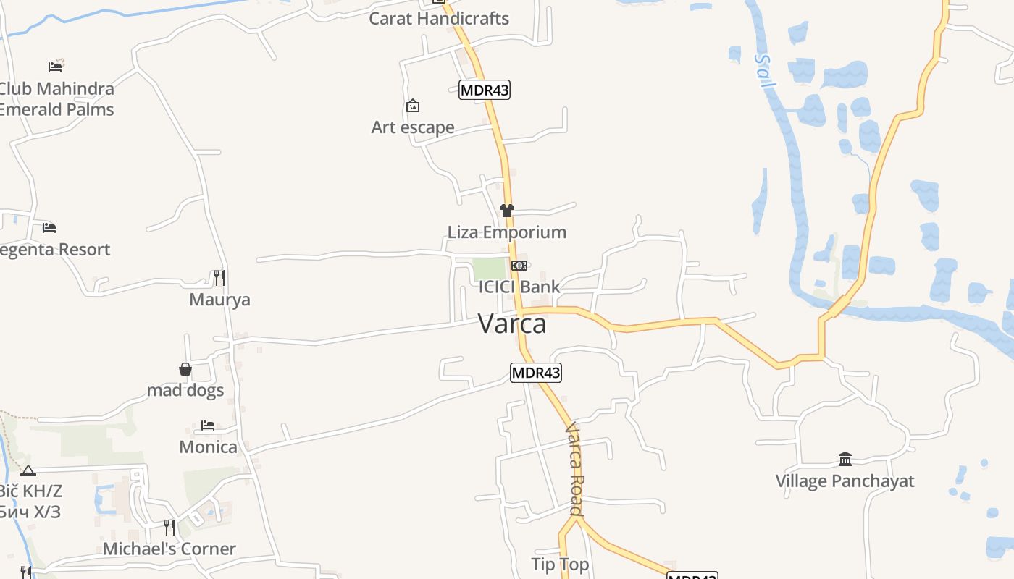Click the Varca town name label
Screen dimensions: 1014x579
point(512,324)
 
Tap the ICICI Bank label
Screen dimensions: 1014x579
point(519,287)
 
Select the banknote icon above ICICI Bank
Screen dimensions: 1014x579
point(519,266)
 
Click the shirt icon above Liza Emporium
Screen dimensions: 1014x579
point(507,211)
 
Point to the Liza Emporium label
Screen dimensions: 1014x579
point(506,232)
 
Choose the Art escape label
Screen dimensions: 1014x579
point(413,127)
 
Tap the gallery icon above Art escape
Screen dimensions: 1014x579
point(413,106)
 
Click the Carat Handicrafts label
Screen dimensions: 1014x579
point(439,19)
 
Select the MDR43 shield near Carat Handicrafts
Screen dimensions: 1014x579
point(485,90)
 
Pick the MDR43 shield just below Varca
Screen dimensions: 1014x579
point(536,373)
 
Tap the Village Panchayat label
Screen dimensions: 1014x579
point(845,481)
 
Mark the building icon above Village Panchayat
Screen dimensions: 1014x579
point(845,459)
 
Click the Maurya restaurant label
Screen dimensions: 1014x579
point(219,300)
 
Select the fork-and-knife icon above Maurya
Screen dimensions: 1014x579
point(219,277)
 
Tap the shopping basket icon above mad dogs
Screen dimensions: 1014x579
point(185,369)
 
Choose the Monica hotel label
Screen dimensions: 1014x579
point(208,447)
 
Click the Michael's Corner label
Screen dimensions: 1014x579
point(169,549)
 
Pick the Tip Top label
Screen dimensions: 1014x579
point(560,565)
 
